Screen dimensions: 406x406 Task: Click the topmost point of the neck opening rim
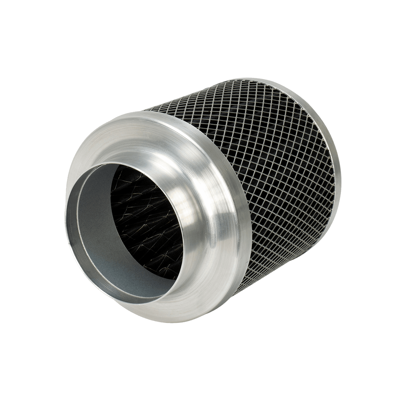(x=113, y=162)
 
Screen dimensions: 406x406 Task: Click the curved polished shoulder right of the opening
(x=203, y=211)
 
